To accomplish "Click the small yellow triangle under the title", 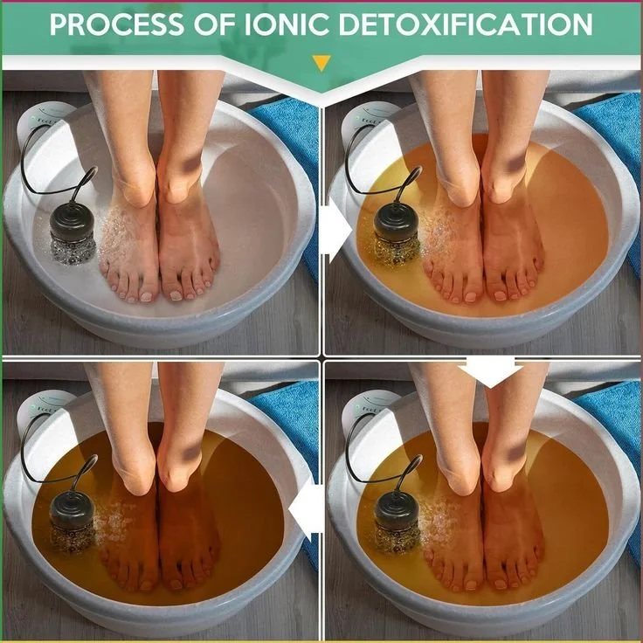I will point(321,63).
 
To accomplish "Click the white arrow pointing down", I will point(490,370).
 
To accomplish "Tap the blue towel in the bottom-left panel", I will point(288,437).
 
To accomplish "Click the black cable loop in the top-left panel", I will point(35,162).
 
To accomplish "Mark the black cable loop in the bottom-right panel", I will point(358,450).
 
